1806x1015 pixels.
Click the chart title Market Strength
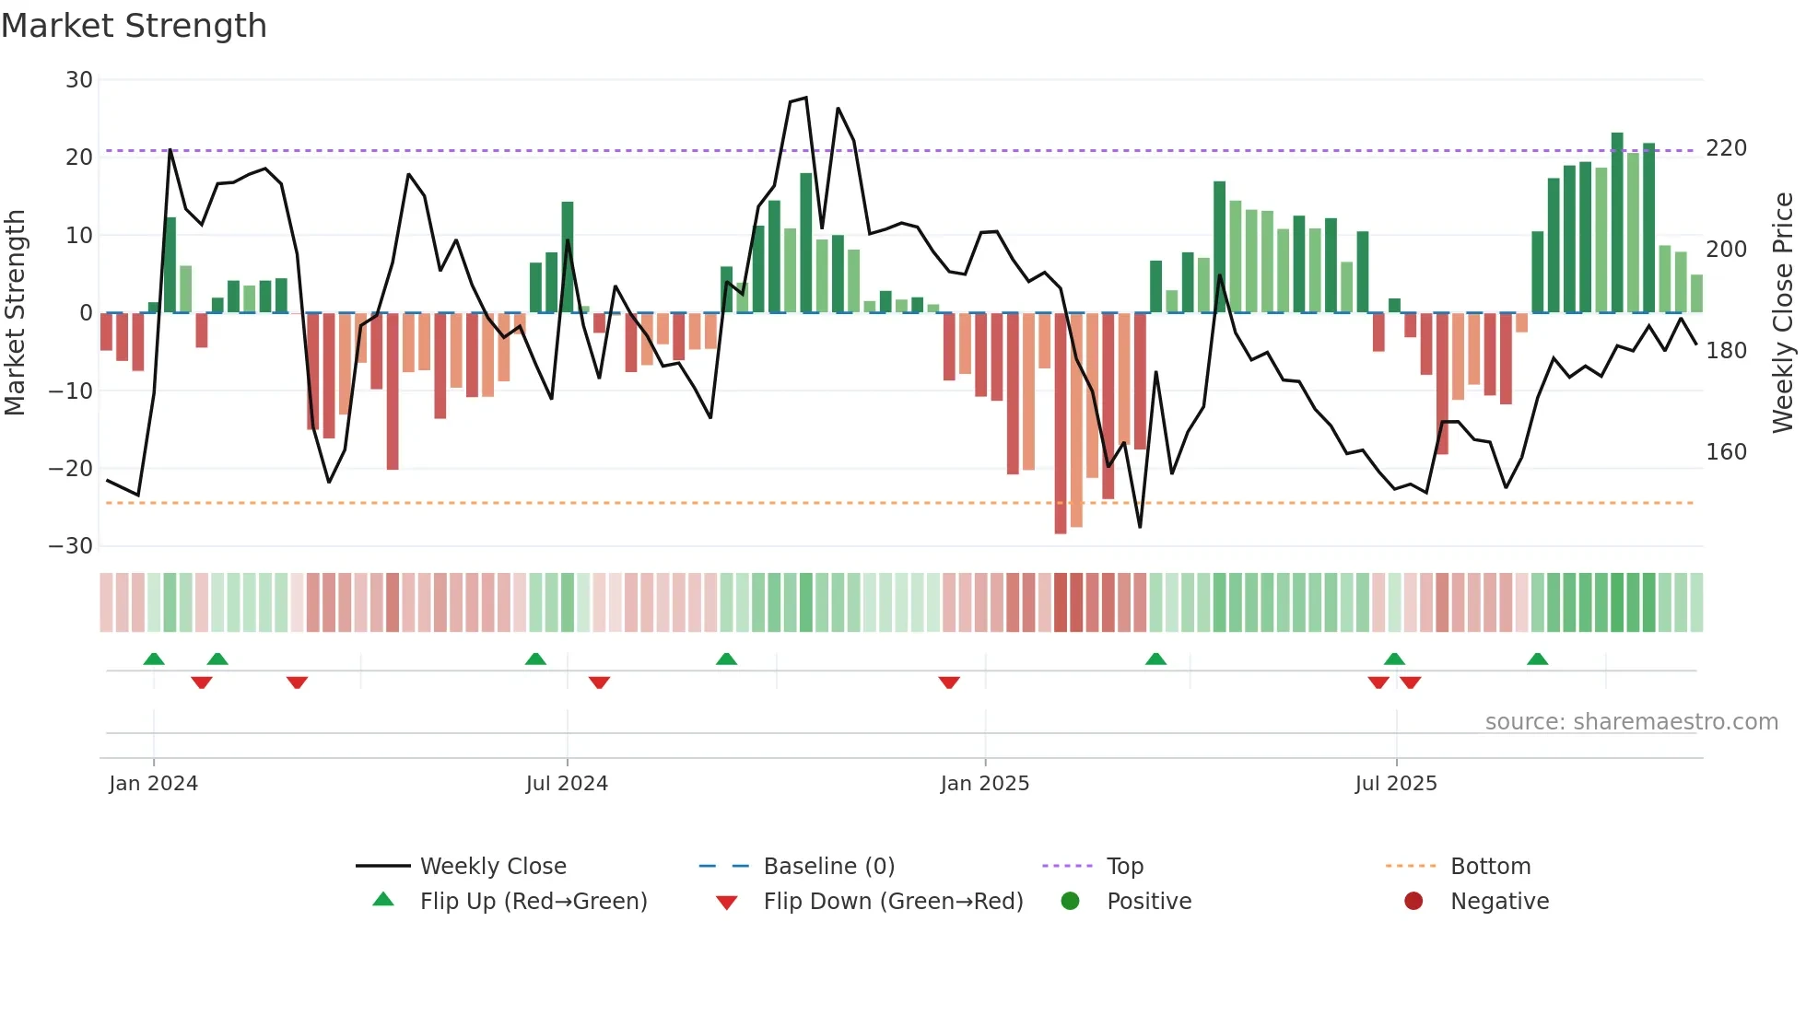[x=134, y=26]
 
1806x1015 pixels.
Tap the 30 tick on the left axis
[x=79, y=80]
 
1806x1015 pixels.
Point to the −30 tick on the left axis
[x=71, y=546]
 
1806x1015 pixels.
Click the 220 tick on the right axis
[x=1726, y=148]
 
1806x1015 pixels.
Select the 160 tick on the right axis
[x=1726, y=452]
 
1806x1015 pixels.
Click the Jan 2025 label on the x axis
[x=984, y=784]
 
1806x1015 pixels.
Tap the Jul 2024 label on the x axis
[x=567, y=784]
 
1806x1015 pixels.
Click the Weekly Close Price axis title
[x=1783, y=313]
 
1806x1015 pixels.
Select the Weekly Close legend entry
[x=492, y=867]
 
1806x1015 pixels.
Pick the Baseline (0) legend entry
[x=828, y=867]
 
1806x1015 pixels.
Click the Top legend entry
[x=1124, y=867]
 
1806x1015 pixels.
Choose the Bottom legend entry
[x=1490, y=867]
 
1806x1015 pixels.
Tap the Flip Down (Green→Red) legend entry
[x=892, y=902]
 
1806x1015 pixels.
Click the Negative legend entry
[x=1499, y=902]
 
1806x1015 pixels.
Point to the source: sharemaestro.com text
[x=1631, y=722]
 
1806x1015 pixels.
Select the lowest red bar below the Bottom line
[x=1061, y=424]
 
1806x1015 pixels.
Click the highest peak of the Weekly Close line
[x=806, y=98]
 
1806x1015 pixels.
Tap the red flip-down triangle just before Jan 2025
[x=949, y=682]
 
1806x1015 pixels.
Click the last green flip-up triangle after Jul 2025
[x=1537, y=659]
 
